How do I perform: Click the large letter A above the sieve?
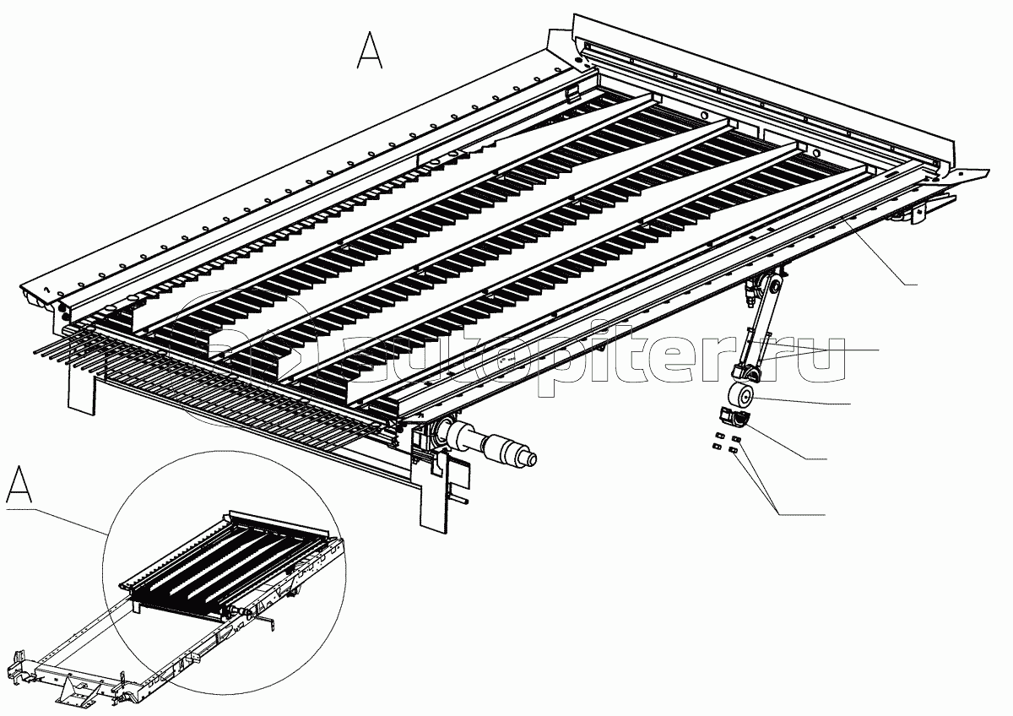[x=370, y=50]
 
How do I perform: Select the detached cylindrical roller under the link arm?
[x=739, y=397]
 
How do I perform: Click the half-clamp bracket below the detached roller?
[x=733, y=417]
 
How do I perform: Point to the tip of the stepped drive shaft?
[x=533, y=459]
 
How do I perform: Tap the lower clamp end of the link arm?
[x=747, y=373]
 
